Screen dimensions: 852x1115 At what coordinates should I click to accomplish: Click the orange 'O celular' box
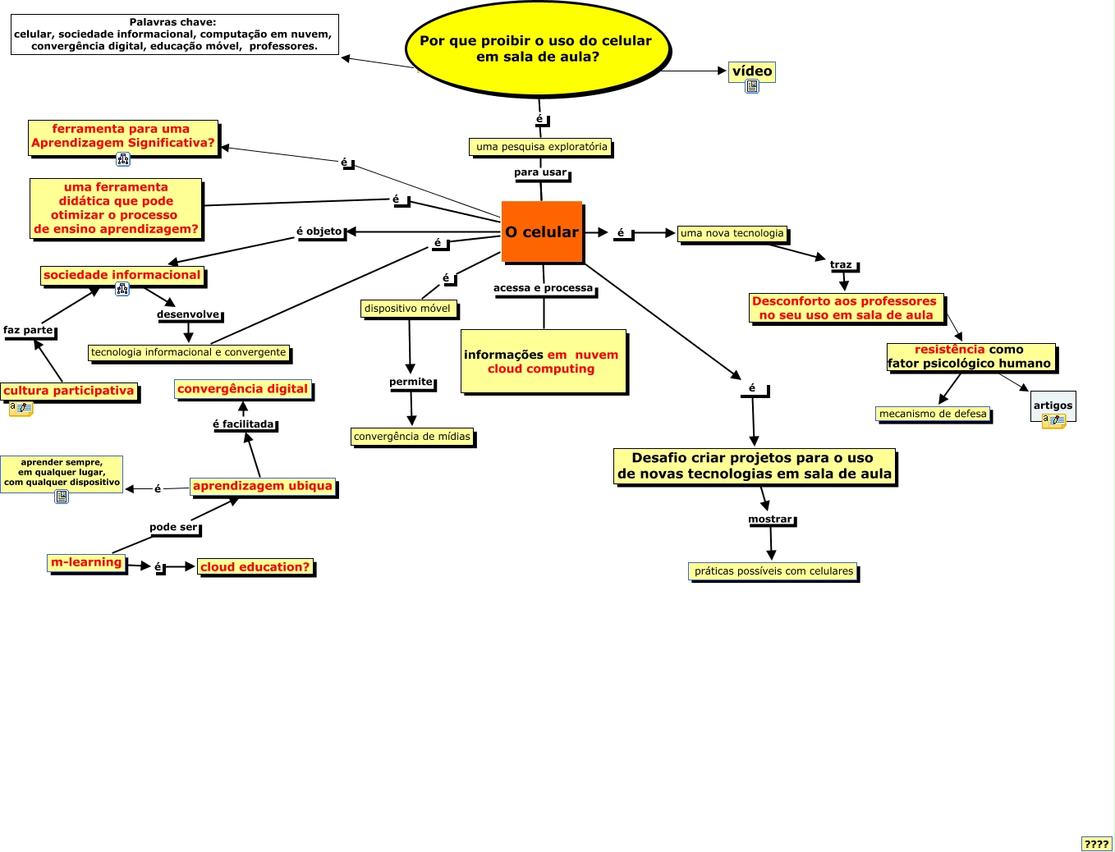(542, 232)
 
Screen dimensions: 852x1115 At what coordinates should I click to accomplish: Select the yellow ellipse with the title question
(538, 48)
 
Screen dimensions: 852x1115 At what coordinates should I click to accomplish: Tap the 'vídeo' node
(752, 71)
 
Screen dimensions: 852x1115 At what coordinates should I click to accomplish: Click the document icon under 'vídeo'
(752, 86)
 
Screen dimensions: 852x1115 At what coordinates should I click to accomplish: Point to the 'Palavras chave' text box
(174, 34)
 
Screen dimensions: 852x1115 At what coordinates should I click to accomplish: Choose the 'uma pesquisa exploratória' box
(541, 147)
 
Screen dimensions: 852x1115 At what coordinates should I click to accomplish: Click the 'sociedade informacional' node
(122, 275)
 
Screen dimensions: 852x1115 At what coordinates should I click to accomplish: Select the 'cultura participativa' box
(69, 391)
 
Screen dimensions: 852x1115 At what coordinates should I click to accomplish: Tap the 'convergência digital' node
(243, 389)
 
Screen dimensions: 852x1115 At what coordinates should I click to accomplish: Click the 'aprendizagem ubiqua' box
(263, 486)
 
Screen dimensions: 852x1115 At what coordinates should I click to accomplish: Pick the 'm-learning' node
(86, 562)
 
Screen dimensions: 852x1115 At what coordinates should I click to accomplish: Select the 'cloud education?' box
(255, 566)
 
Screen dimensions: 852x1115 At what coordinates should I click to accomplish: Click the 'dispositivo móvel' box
(407, 309)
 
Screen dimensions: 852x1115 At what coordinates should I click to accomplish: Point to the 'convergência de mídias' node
(412, 437)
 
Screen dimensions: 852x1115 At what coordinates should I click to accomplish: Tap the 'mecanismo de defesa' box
(933, 414)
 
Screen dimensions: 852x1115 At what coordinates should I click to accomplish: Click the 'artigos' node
(1053, 405)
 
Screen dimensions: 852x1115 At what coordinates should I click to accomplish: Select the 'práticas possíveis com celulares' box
(773, 571)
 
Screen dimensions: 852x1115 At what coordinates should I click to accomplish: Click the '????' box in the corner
(1096, 843)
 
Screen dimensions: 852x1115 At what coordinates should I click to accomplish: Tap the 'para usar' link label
(540, 172)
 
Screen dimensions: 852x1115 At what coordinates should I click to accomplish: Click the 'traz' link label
(841, 264)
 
